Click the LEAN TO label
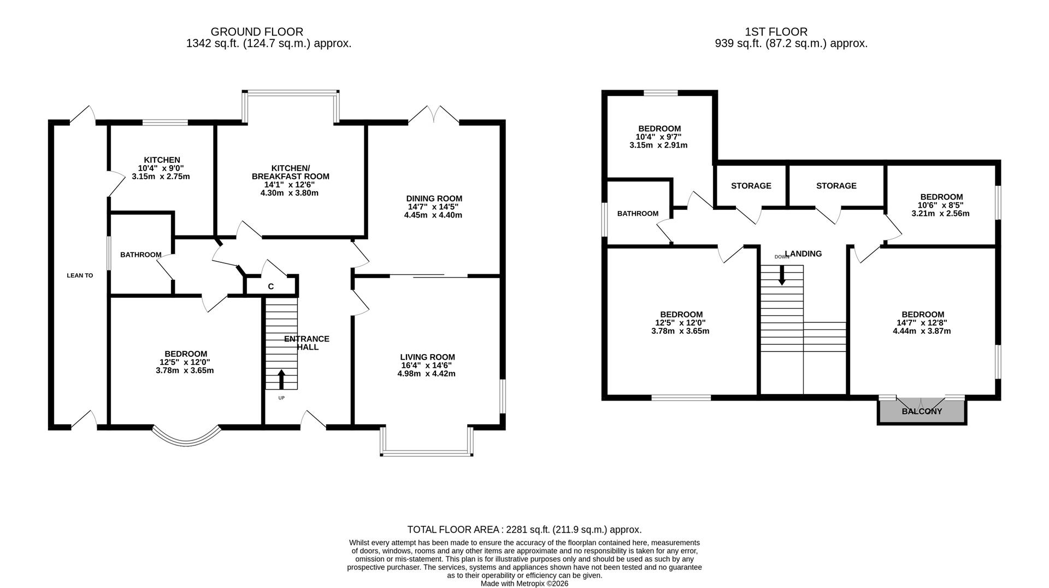[x=80, y=275]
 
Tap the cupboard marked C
[x=270, y=286]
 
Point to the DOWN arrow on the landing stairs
[x=782, y=275]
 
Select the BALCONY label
[x=922, y=411]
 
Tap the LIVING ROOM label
[x=427, y=357]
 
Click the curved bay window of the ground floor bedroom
[x=186, y=438]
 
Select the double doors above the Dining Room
[x=433, y=114]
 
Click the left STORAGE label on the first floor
[x=751, y=186]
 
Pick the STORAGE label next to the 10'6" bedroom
[x=836, y=186]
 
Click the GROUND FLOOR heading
[x=257, y=32]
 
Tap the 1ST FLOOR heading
[x=775, y=32]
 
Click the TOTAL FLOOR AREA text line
[x=524, y=530]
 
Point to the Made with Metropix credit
[x=524, y=584]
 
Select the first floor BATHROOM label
[x=638, y=214]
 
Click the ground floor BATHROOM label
[x=140, y=255]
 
